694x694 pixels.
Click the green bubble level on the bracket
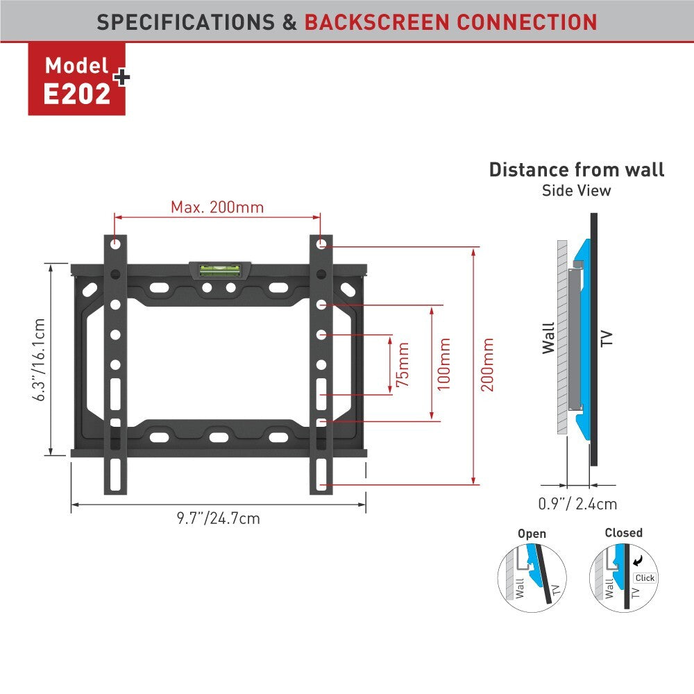click(219, 270)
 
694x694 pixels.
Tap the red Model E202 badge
click(77, 79)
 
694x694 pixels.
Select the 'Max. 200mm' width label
click(217, 207)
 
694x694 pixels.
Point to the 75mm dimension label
click(403, 364)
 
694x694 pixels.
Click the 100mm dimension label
click(444, 364)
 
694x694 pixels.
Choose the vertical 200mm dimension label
click(487, 364)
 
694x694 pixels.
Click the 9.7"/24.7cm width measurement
click(218, 518)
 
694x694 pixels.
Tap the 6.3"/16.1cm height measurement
click(39, 359)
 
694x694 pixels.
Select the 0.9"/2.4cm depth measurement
click(577, 504)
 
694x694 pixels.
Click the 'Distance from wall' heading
click(576, 169)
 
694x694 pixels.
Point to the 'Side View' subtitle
click(576, 190)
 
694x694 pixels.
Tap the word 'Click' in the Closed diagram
click(645, 577)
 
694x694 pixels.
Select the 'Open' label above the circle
click(532, 534)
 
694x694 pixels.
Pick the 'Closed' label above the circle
click(624, 532)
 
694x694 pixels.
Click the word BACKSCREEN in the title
click(377, 22)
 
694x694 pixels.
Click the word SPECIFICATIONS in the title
click(186, 22)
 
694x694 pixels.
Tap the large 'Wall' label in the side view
click(549, 338)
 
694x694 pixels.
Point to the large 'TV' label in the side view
click(607, 339)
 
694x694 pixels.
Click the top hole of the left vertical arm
click(115, 244)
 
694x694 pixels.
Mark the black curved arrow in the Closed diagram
click(638, 561)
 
